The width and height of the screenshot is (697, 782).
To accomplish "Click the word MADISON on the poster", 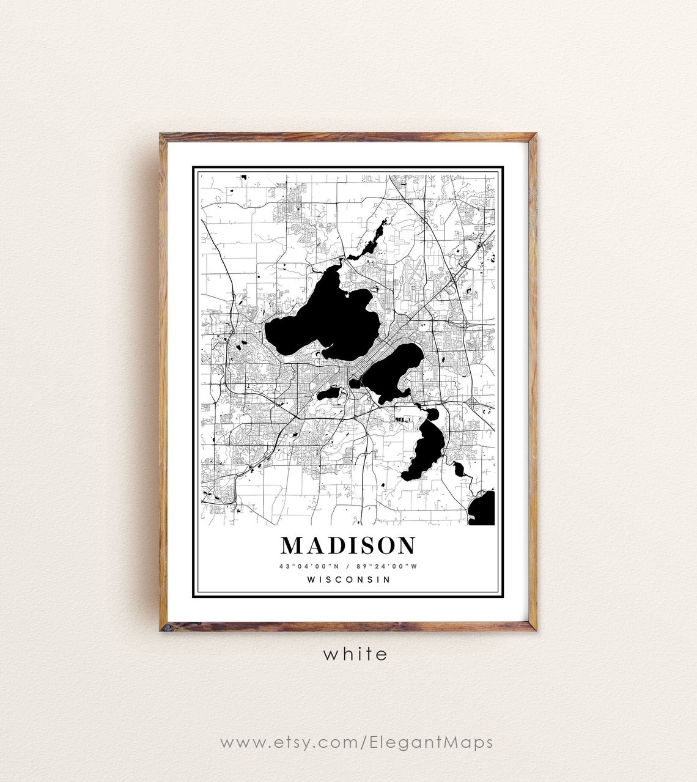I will point(348,545).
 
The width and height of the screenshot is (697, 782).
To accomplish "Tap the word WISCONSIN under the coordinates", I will point(348,579).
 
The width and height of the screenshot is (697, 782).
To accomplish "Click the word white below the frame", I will point(355,654).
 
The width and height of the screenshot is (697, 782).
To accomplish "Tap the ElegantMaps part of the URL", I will point(431,742).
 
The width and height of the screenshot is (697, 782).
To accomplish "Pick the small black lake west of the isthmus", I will point(328,393).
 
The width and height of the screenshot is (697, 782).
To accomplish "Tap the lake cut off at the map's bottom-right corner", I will point(483,509).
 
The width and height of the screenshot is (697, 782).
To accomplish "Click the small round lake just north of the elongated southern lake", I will point(432,415).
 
